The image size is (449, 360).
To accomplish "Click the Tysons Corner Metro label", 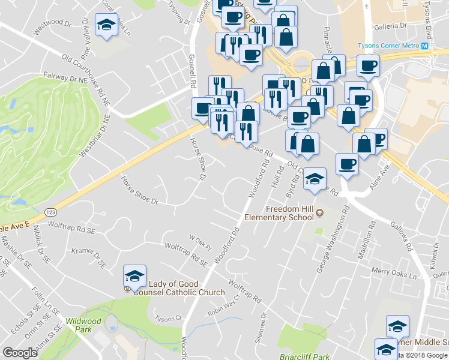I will tap(388, 46).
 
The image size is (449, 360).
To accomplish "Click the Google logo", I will tap(20, 353).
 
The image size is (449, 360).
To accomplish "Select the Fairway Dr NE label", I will tap(65, 79).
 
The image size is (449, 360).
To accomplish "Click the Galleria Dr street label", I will tap(390, 26).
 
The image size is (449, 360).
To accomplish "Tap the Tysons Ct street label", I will tap(167, 318).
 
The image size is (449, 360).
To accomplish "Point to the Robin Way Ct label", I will tap(223, 304).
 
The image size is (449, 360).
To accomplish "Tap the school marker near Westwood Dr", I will tap(107, 25).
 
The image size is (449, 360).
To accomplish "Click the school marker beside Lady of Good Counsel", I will tap(134, 276).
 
